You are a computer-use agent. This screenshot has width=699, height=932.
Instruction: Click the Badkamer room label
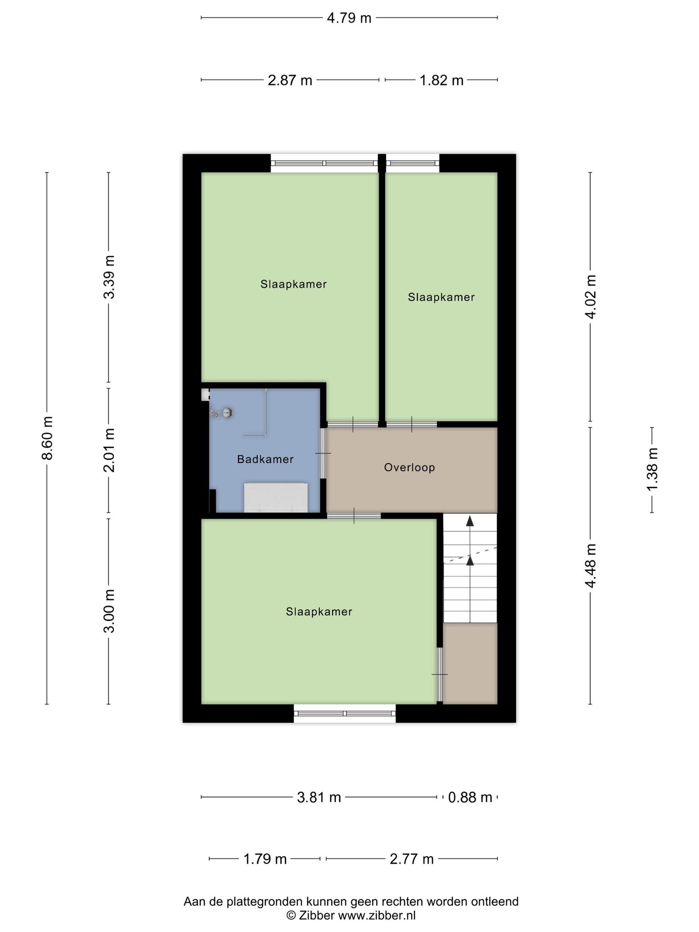pyautogui.click(x=265, y=459)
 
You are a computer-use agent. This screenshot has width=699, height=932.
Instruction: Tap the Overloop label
pyautogui.click(x=410, y=467)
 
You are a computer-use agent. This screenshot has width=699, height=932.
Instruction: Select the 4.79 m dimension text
pyautogui.click(x=349, y=18)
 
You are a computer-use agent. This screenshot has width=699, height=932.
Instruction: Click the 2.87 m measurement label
pyautogui.click(x=290, y=81)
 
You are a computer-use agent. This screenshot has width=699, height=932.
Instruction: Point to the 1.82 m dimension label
pyautogui.click(x=441, y=81)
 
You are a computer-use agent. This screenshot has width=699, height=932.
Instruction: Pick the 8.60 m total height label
pyautogui.click(x=47, y=438)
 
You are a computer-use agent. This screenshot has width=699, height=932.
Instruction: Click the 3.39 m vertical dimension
pyautogui.click(x=109, y=277)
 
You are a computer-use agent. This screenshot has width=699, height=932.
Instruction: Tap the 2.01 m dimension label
pyautogui.click(x=109, y=450)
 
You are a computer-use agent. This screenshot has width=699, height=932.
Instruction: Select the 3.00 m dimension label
pyautogui.click(x=109, y=611)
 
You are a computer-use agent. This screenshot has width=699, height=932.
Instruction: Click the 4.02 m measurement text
pyautogui.click(x=591, y=297)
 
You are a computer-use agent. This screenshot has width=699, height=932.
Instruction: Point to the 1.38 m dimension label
pyautogui.click(x=653, y=470)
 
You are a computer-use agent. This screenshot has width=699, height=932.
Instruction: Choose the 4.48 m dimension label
pyautogui.click(x=591, y=566)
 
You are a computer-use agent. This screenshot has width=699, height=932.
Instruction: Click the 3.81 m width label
pyautogui.click(x=319, y=797)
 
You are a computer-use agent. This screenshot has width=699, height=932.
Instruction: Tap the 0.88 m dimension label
pyautogui.click(x=470, y=797)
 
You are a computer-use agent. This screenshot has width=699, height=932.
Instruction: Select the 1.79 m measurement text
pyautogui.click(x=265, y=859)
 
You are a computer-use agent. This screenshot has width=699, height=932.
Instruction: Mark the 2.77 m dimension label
pyautogui.click(x=412, y=859)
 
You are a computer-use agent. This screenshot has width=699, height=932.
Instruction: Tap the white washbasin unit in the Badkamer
pyautogui.click(x=276, y=498)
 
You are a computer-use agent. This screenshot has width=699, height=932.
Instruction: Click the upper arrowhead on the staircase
pyautogui.click(x=470, y=521)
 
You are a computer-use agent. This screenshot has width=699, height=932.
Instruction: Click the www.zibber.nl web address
pyautogui.click(x=376, y=915)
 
